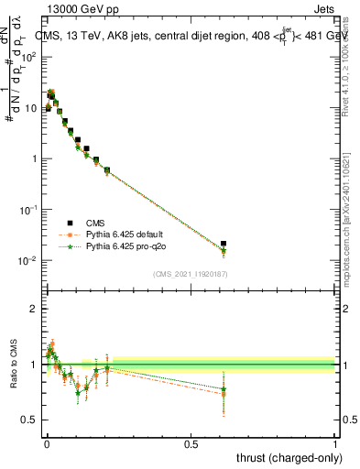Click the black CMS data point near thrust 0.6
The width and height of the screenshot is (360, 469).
(x=224, y=244)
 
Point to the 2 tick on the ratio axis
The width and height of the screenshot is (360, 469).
(x=34, y=309)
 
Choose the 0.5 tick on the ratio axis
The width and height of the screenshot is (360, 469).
(x=29, y=420)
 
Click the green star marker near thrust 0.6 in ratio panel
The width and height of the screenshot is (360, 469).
(x=224, y=389)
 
